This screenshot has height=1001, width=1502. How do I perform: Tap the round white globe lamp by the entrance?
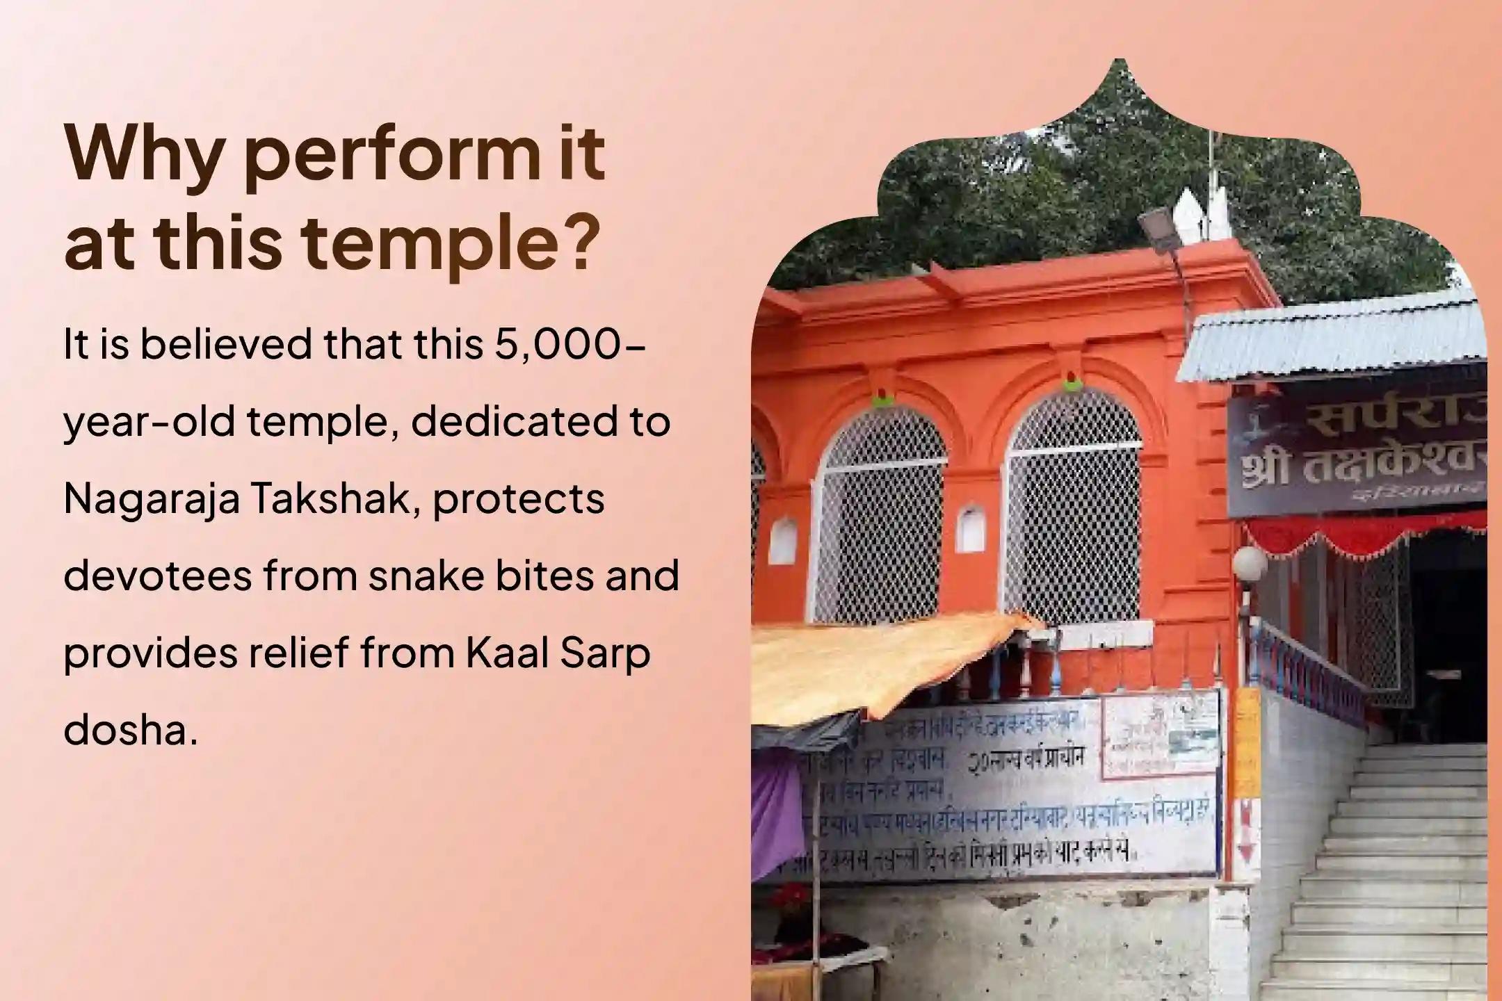coord(1249,562)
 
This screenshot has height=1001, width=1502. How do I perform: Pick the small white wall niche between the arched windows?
coord(971,530)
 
